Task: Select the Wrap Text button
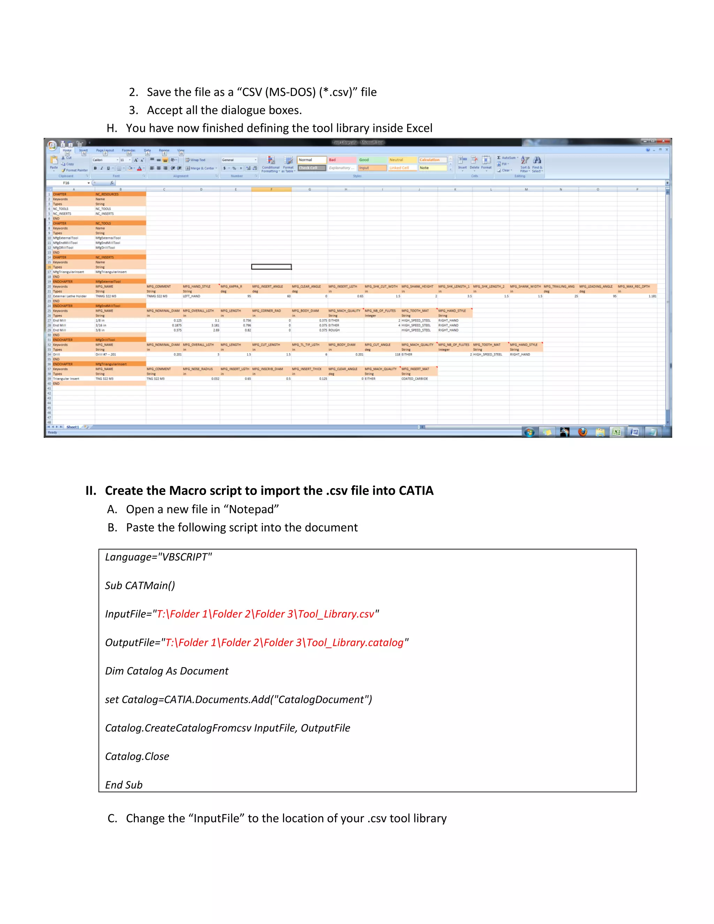pos(196,160)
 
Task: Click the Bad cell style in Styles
pos(342,160)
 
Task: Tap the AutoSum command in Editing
pos(508,157)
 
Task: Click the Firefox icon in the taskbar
pos(583,432)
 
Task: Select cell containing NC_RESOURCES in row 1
pos(120,194)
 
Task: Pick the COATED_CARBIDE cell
pos(415,379)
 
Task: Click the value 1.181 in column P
pos(652,296)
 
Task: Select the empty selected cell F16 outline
pos(271,266)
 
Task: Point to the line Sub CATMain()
pos(140,585)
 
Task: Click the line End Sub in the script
pos(123,785)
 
